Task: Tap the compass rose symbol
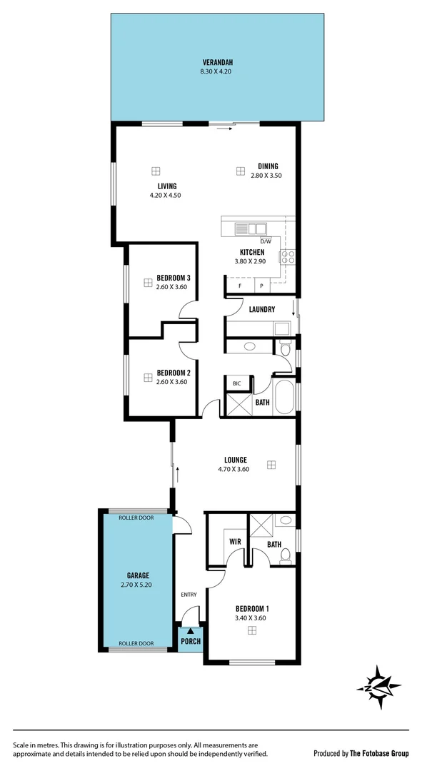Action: [x=378, y=687]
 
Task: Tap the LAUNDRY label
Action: [x=262, y=309]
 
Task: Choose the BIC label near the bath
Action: [x=236, y=384]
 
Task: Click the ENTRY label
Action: [x=189, y=594]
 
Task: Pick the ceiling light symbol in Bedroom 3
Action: [x=148, y=283]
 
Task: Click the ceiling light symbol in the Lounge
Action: [x=271, y=465]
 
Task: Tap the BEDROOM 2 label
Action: [x=174, y=372]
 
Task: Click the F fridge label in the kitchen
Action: [x=240, y=286]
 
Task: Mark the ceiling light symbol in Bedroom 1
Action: [x=251, y=630]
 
